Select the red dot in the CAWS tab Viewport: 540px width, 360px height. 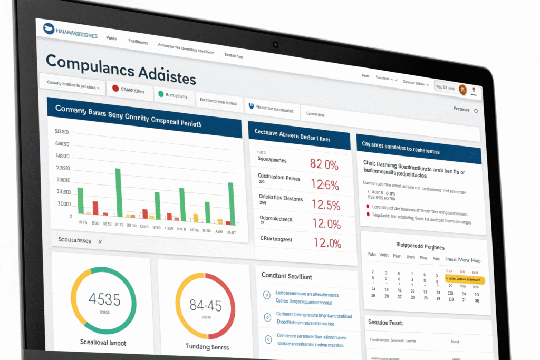point(114,89)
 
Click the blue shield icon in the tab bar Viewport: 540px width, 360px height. point(250,105)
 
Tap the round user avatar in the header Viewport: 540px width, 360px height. point(463,90)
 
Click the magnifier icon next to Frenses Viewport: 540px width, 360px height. point(476,111)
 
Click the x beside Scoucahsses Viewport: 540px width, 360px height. point(100,241)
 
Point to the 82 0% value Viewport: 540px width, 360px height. point(324,164)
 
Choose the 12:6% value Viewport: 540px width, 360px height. point(325,184)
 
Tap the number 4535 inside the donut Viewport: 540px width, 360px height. point(103,299)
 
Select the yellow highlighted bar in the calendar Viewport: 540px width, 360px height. point(466,280)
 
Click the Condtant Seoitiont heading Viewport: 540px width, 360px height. point(287,276)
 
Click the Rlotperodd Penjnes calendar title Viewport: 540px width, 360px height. point(420,246)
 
